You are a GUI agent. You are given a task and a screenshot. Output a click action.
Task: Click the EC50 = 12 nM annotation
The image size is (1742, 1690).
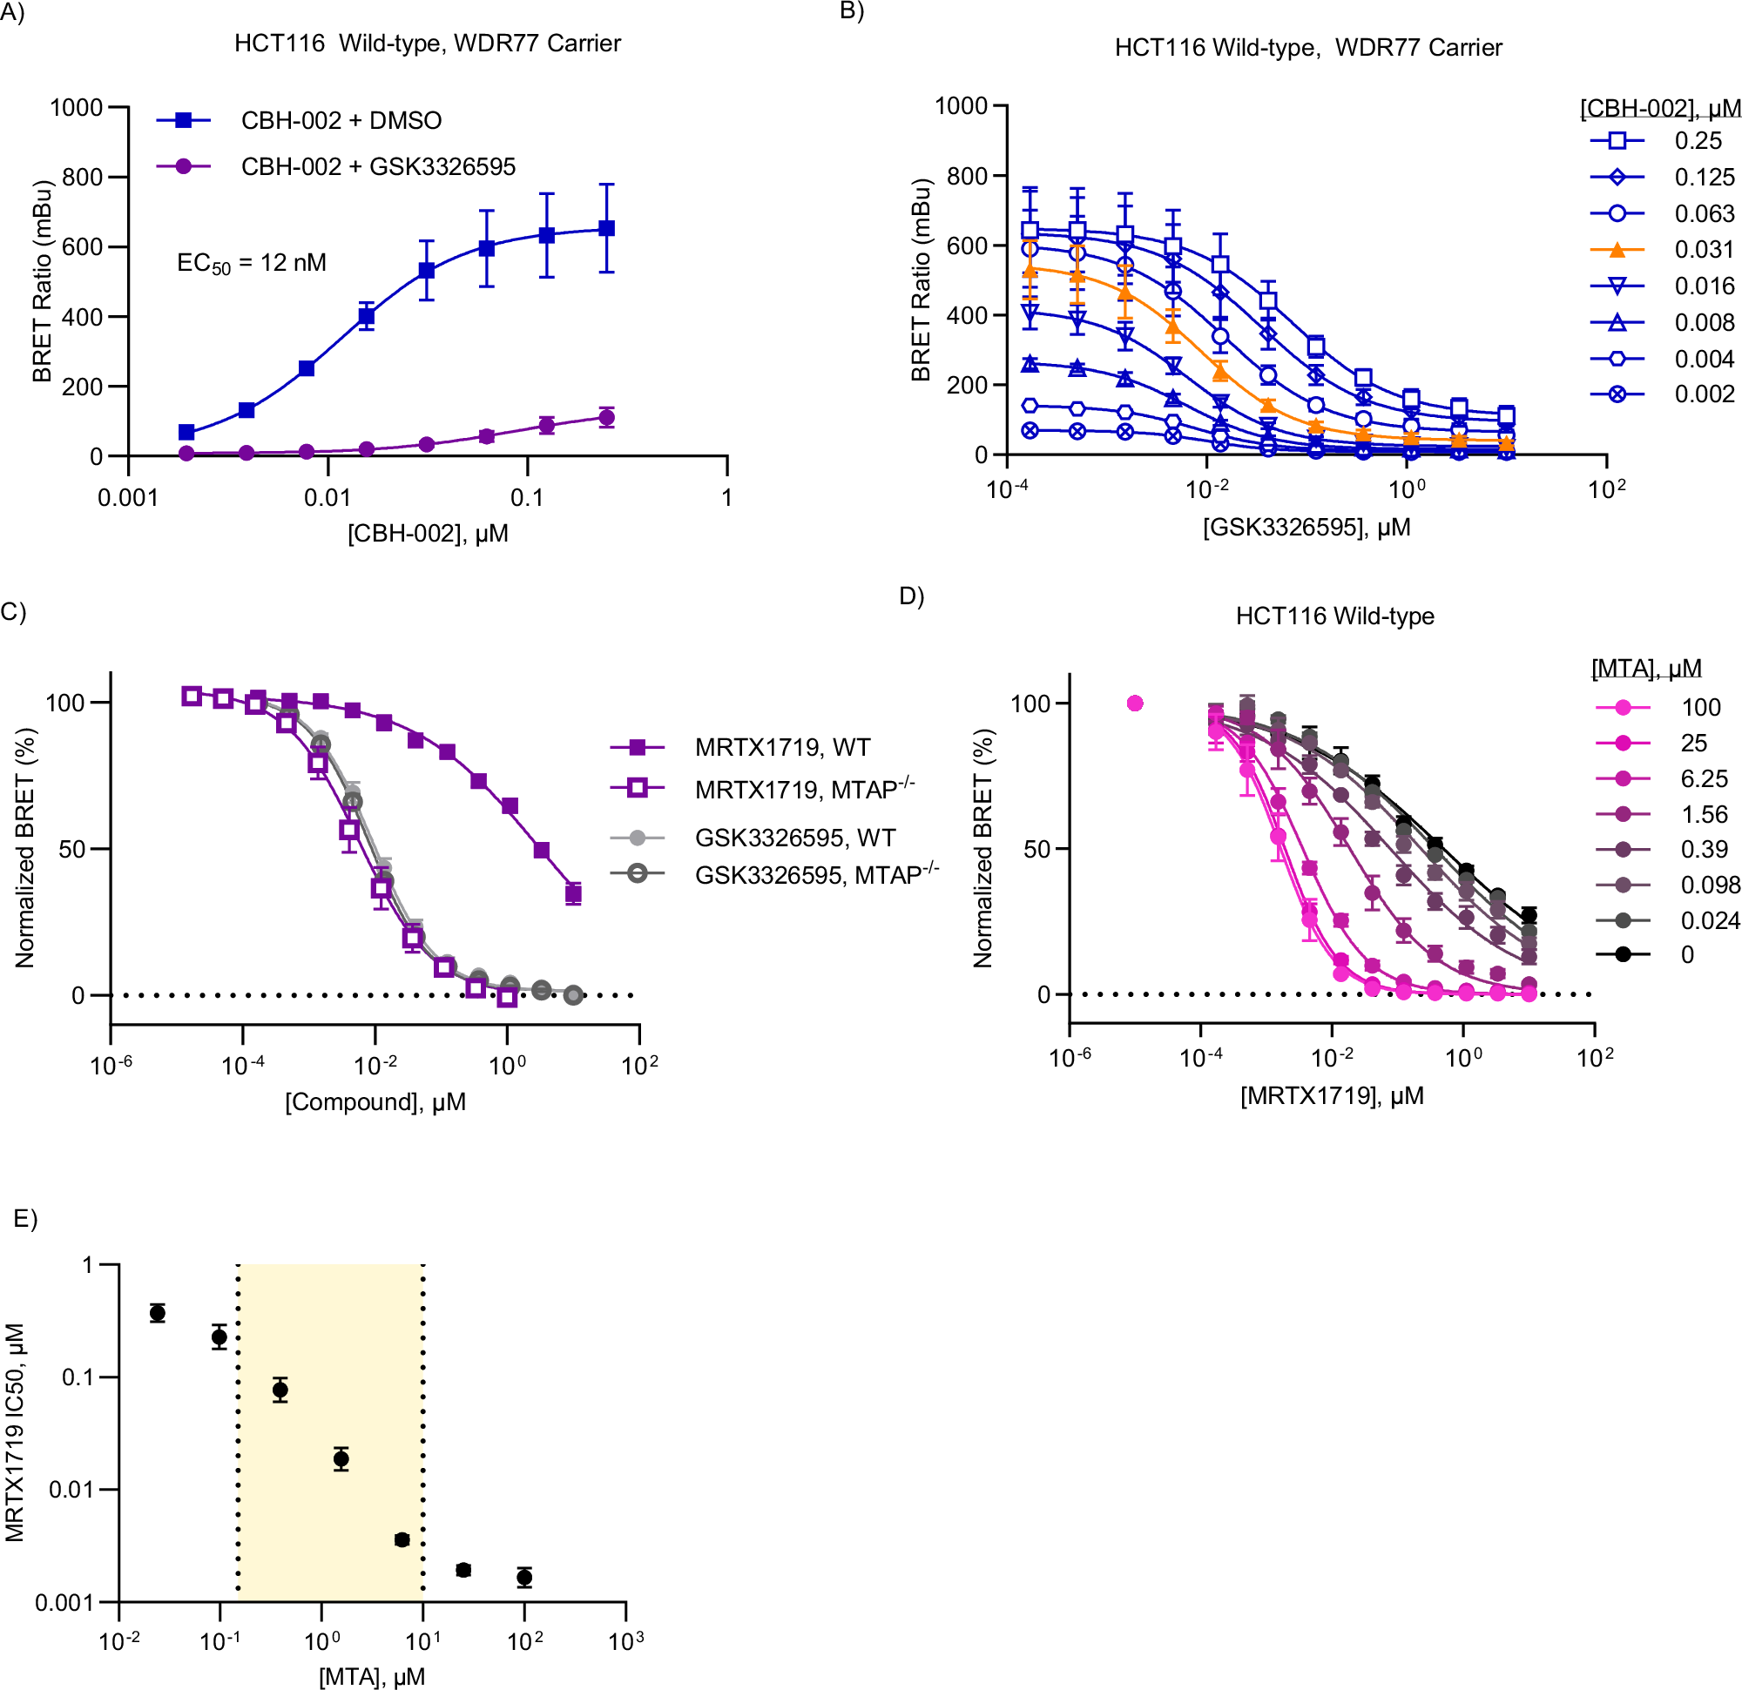click(252, 263)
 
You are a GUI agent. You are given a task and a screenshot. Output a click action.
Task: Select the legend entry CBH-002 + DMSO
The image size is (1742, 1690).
click(341, 120)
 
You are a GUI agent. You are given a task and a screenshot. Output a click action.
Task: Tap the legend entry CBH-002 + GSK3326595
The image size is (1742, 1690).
click(378, 166)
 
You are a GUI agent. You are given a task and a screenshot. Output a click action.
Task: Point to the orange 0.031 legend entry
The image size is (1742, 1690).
click(1704, 250)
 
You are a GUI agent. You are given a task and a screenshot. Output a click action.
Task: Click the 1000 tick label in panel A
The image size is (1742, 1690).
click(77, 107)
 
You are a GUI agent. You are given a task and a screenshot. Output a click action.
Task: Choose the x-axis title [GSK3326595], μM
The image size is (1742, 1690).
click(1306, 527)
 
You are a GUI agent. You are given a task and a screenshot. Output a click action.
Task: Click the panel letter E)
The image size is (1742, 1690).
click(26, 1218)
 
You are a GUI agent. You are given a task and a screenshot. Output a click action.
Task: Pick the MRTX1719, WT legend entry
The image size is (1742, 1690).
click(782, 747)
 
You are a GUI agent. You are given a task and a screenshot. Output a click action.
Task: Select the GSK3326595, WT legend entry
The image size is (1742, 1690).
click(794, 837)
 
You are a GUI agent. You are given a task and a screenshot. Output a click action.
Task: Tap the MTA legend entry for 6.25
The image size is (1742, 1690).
click(1704, 778)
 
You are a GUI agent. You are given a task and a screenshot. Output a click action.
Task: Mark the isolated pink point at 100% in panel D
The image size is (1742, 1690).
click(1135, 703)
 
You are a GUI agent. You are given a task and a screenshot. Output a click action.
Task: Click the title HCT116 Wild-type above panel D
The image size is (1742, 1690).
click(1334, 616)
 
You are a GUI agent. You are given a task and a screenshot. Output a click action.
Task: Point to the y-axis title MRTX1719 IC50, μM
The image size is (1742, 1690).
click(15, 1431)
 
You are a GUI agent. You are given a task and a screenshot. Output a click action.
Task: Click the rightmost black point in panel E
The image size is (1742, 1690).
click(524, 1577)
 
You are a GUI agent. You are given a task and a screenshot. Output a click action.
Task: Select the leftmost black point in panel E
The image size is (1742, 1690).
click(158, 1312)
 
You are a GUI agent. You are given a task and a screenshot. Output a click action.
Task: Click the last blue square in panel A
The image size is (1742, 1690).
click(606, 228)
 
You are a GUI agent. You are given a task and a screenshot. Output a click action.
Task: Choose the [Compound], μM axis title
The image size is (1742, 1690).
click(375, 1101)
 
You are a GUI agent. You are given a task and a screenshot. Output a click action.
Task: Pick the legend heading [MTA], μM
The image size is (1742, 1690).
click(1646, 668)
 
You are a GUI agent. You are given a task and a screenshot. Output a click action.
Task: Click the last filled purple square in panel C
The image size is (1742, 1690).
click(573, 894)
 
